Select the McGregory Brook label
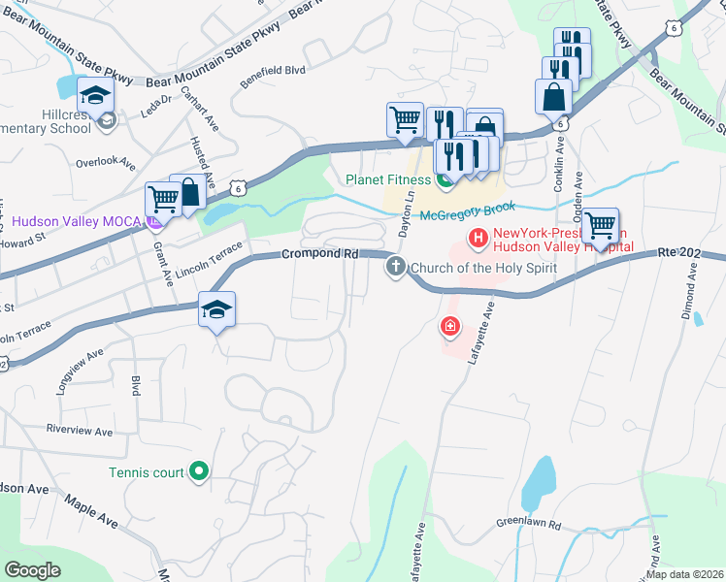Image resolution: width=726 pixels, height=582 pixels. (x=469, y=206)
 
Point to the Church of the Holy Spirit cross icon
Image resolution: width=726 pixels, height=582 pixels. (x=395, y=267)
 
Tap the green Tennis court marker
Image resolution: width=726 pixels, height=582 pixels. (x=199, y=472)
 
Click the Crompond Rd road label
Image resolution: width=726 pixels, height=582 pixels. (x=320, y=253)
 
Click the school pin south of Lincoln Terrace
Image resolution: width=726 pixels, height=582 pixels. (x=217, y=310)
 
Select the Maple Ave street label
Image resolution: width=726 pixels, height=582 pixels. (x=91, y=511)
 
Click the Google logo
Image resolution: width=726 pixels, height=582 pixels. (x=33, y=570)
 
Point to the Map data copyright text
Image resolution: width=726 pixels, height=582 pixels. (x=684, y=574)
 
